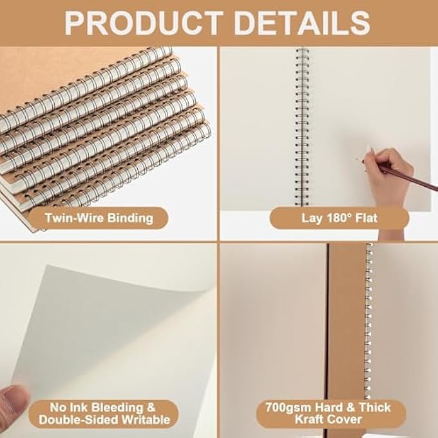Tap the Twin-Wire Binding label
click(x=99, y=218)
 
